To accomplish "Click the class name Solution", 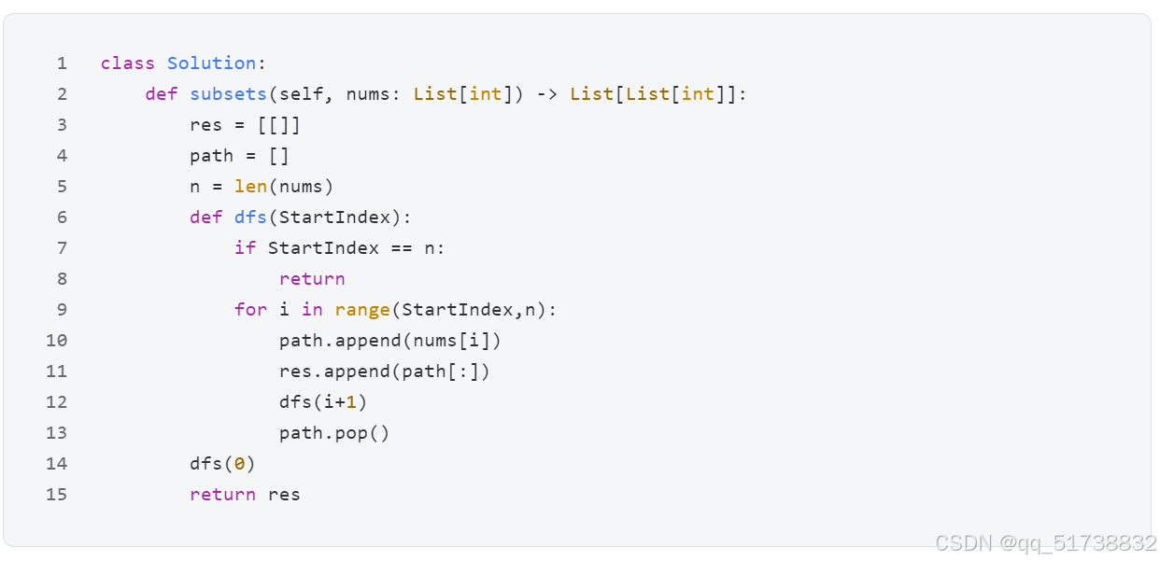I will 211,63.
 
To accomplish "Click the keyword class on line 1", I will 127,63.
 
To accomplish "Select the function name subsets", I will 228,94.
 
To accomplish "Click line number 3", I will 62,125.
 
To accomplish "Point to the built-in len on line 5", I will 250,187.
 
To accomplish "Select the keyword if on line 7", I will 245,248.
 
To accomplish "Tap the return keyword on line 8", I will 312,279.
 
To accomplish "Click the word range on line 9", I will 362,310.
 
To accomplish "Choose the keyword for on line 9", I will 250,310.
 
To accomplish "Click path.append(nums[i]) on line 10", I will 390,341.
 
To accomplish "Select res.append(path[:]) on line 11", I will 385,372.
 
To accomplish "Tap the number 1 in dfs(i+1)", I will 351,402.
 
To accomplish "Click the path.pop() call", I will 334,433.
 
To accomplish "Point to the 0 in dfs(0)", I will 239,464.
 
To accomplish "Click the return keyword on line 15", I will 222,495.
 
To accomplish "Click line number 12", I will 57,402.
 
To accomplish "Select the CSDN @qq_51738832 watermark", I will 1046,543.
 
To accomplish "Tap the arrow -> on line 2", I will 547,94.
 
